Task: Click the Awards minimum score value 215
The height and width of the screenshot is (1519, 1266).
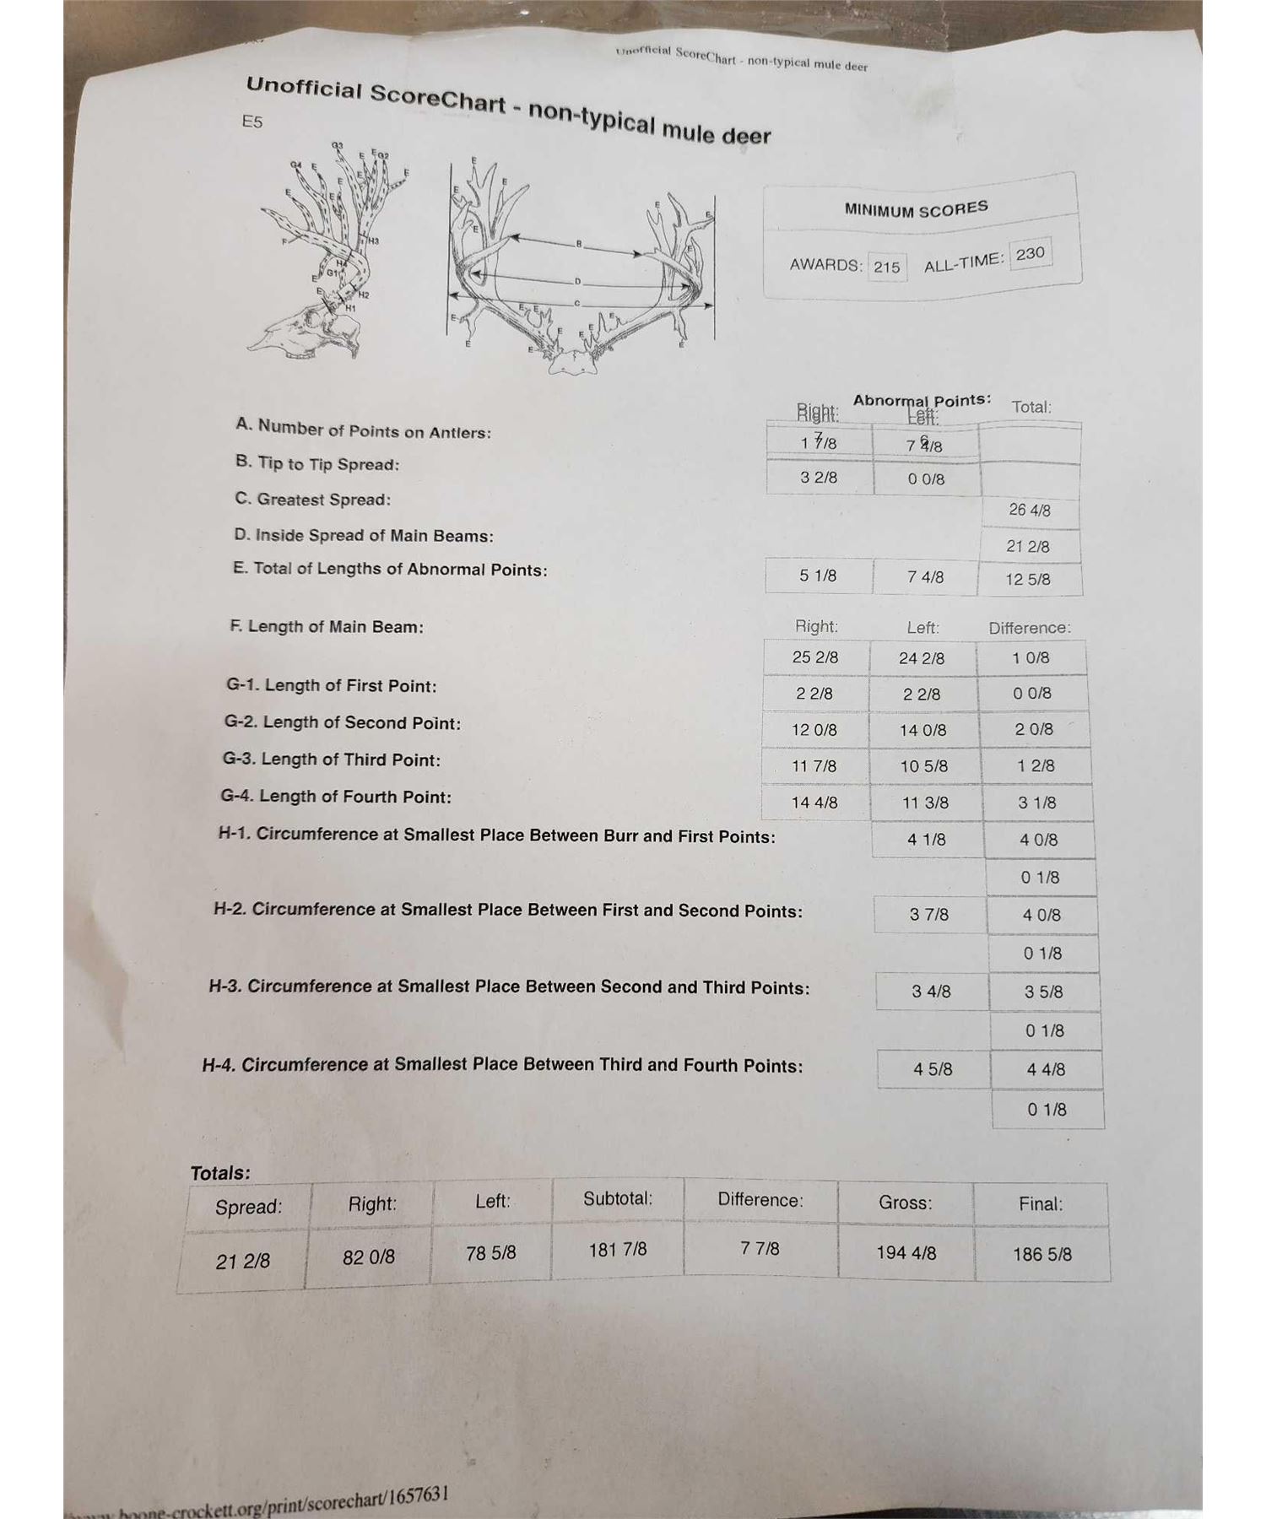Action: [x=886, y=267]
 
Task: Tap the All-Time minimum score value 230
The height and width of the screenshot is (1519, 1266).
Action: [x=1030, y=253]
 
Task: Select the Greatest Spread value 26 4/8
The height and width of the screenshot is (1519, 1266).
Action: [x=1030, y=510]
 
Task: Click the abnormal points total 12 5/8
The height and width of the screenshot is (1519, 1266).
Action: [x=1028, y=579]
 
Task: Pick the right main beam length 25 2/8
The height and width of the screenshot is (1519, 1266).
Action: [x=815, y=657]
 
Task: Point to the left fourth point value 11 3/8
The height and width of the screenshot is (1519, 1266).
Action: [x=925, y=803]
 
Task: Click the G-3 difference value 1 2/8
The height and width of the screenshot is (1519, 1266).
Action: [x=1036, y=765]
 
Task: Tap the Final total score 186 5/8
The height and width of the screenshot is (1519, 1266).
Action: [x=1042, y=1254]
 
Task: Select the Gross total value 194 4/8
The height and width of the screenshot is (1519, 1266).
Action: [x=906, y=1252]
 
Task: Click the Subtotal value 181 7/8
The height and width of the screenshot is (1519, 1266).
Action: [x=618, y=1249]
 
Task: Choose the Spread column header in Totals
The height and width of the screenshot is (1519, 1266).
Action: [x=248, y=1207]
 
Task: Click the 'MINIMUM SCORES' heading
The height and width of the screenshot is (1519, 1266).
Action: [x=916, y=208]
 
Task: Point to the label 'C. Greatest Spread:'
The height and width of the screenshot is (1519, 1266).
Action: [x=312, y=499]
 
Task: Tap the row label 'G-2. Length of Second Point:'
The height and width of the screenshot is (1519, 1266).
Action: [x=342, y=722]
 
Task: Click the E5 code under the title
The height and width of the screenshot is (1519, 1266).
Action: [x=252, y=122]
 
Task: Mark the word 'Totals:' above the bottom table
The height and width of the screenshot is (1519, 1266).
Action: [x=220, y=1173]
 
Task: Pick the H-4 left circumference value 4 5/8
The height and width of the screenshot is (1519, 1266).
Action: [x=933, y=1069]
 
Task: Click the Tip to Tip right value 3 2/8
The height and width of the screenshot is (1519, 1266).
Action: [x=819, y=477]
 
